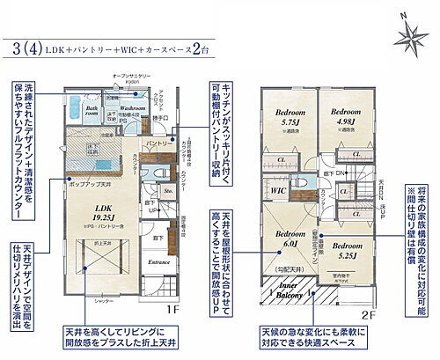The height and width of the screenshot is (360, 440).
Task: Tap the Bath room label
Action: pos(92,110)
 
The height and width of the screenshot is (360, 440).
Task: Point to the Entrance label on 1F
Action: pos(158,262)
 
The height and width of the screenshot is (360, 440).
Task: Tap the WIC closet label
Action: pos(278,190)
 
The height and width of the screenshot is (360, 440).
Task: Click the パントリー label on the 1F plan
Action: pos(158,142)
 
